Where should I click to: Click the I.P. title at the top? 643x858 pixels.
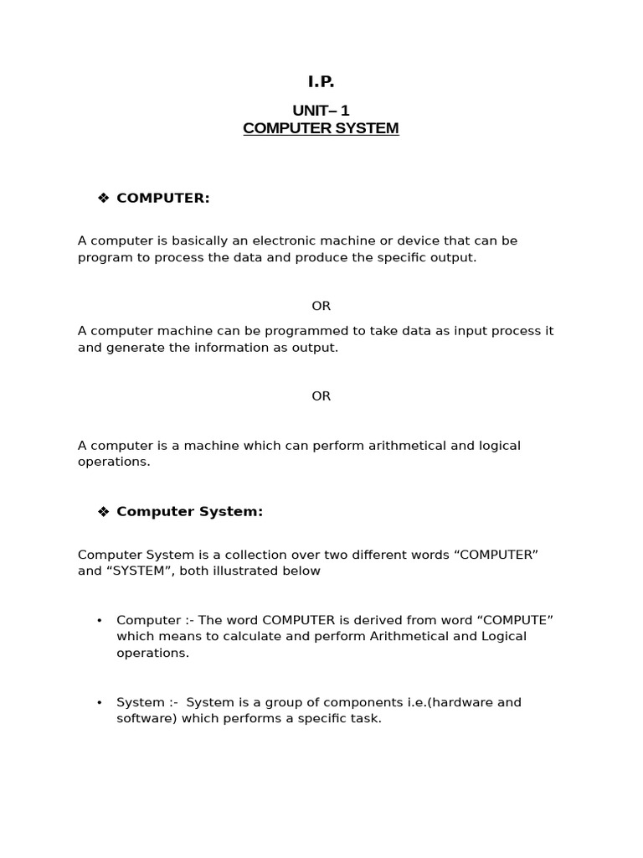(321, 82)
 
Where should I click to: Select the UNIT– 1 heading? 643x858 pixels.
(321, 111)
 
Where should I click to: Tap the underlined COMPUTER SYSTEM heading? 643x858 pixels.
(321, 129)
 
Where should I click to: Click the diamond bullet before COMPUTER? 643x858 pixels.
(104, 198)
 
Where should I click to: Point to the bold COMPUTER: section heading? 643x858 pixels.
(163, 198)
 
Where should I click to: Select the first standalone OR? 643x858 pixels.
(321, 306)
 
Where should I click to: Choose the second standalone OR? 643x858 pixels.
(321, 395)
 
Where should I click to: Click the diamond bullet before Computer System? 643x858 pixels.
(104, 512)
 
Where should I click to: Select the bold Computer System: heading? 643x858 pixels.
(190, 512)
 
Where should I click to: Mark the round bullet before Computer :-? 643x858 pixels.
(100, 621)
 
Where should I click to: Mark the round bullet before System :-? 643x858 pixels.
(100, 703)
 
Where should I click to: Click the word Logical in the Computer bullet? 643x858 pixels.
(503, 637)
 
